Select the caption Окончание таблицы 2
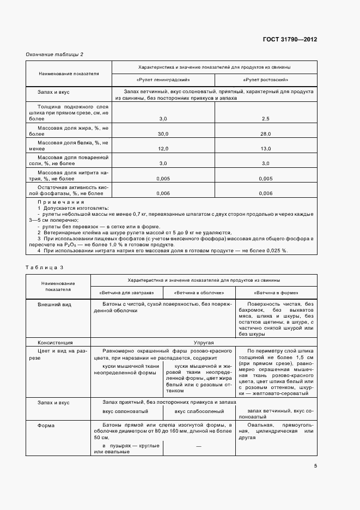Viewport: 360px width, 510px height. [x=54, y=54]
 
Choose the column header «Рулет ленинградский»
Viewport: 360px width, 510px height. [x=163, y=80]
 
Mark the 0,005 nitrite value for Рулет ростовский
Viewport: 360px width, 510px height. [x=266, y=178]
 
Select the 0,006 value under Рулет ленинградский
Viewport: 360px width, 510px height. [x=163, y=193]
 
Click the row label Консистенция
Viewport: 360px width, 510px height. [x=55, y=343]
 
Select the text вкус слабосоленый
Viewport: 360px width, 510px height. [x=198, y=411]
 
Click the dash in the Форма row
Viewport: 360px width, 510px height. [x=198, y=446]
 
